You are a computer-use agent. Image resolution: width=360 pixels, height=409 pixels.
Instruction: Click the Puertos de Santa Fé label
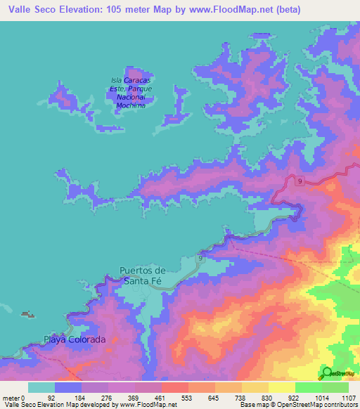tap(143, 275)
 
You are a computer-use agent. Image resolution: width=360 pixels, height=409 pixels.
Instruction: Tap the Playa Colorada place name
tap(75, 339)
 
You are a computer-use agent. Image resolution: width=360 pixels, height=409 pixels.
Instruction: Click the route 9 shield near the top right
tap(300, 181)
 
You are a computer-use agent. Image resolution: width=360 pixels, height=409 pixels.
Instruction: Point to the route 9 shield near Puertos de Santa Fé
tap(200, 259)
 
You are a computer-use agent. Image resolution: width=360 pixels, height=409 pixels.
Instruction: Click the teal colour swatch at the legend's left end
tap(41, 387)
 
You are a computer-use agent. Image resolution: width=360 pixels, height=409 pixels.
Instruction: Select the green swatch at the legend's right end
tap(335, 387)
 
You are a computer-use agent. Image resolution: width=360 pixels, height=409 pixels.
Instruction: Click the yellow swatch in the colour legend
tap(281, 387)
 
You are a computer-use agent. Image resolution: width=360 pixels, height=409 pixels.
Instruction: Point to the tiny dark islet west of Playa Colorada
tap(27, 314)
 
